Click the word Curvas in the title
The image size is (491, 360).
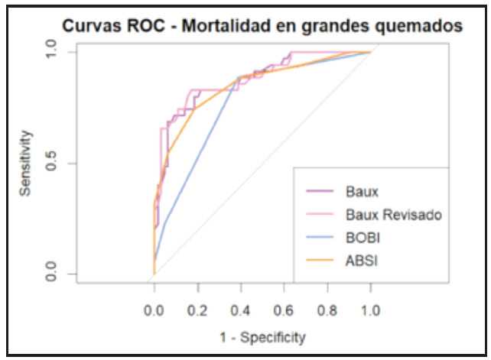coord(92,26)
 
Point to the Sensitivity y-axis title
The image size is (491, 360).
coord(26,164)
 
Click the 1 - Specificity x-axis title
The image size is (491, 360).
coord(262,336)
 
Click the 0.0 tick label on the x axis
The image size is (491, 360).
coord(154,312)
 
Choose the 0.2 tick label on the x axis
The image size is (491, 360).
coord(197,312)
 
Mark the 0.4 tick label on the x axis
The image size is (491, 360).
coord(241,312)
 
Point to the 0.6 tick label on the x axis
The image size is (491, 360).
coord(284,312)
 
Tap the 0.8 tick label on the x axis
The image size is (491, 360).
coord(327,312)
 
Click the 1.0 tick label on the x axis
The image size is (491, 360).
coord(371,312)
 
